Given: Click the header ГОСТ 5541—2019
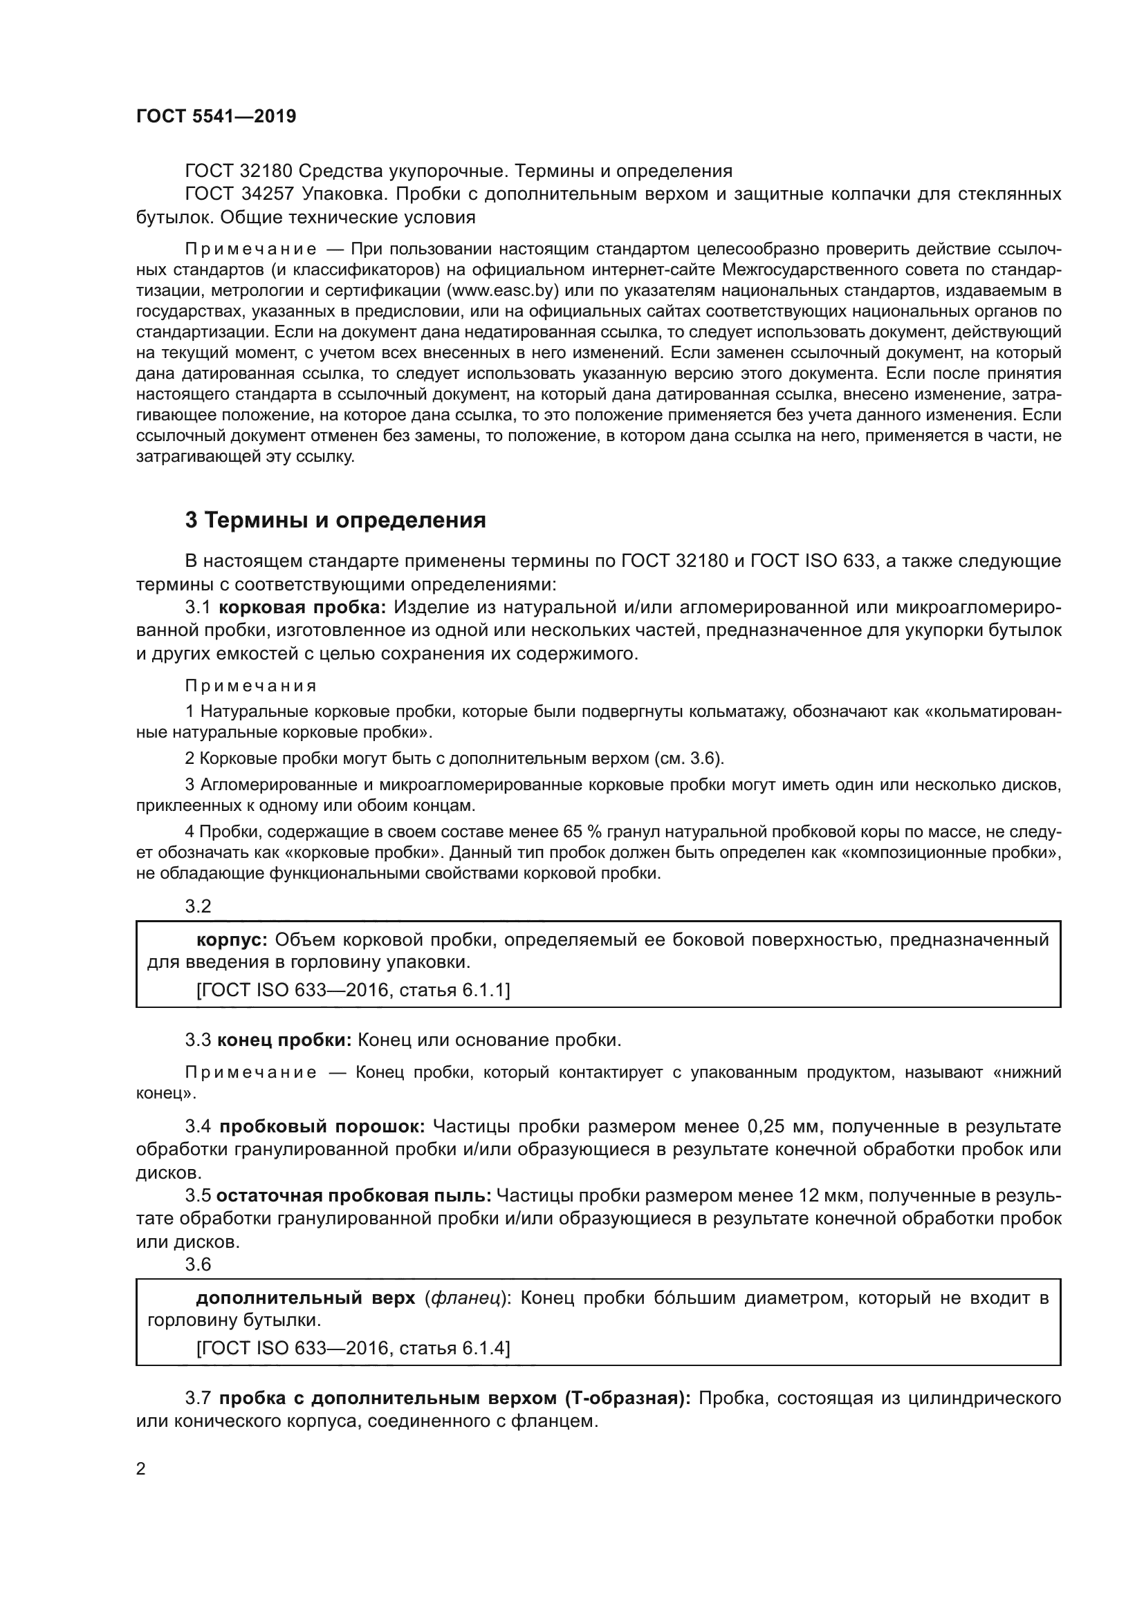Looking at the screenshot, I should (216, 116).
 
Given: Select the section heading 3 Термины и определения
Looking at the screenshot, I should (335, 520).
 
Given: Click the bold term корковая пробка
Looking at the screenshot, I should (302, 606).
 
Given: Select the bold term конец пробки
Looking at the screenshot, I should (284, 1040).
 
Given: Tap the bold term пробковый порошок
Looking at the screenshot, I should (321, 1127).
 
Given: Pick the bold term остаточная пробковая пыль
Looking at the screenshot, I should (353, 1195).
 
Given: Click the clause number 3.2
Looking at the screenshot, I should (198, 906).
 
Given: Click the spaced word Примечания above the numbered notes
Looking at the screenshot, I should (251, 685).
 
